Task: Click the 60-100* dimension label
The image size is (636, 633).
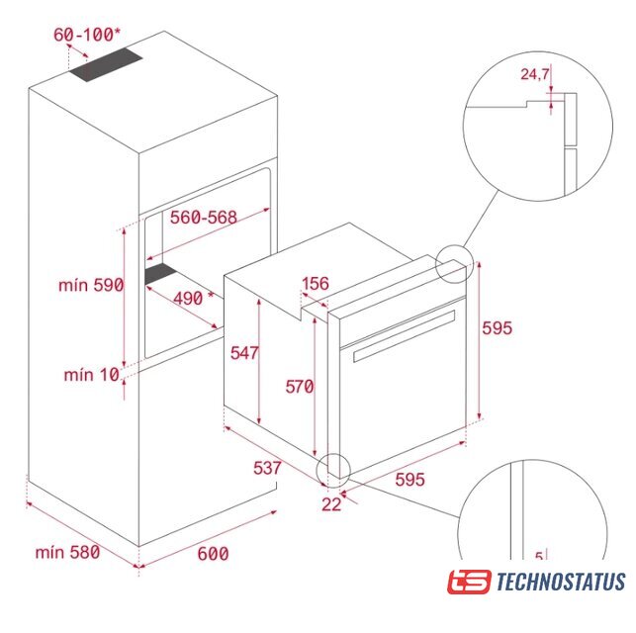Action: tap(87, 35)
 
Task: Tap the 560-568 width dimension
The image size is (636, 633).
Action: tap(203, 217)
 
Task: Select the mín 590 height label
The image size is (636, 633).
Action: tap(91, 285)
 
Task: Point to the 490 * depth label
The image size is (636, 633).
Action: tap(193, 298)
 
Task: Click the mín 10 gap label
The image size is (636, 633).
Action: tap(92, 374)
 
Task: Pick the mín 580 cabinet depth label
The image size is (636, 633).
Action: tap(67, 552)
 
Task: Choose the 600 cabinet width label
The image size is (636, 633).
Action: tap(213, 554)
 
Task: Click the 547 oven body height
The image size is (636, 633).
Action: tap(244, 353)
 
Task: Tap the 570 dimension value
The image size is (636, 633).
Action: tap(300, 387)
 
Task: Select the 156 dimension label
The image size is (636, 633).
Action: tap(316, 284)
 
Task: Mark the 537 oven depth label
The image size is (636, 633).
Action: tap(267, 468)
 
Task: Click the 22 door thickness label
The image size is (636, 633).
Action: tap(331, 504)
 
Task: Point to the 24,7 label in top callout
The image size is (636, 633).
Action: tap(535, 74)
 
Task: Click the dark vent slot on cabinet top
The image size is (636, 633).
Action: tap(106, 64)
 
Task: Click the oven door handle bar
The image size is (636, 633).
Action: tap(405, 336)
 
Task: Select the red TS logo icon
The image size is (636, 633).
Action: tap(469, 582)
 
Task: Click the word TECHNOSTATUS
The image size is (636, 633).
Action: tap(561, 582)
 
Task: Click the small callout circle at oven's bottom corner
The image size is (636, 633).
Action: tap(333, 471)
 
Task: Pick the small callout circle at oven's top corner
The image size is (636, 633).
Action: tap(454, 264)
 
